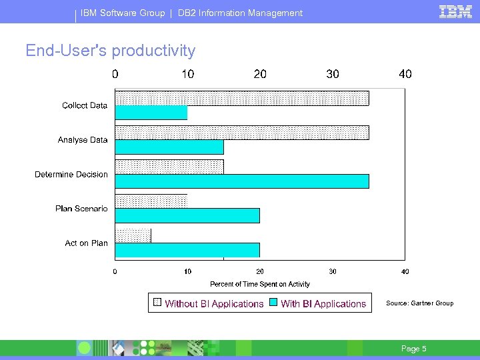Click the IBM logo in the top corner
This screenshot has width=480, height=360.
pos(456,11)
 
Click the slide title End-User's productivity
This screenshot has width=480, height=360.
pos(111,51)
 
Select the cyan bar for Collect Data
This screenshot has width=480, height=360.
pos(151,113)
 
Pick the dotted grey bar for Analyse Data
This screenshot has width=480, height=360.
pos(242,132)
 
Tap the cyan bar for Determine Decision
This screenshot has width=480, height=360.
pos(242,181)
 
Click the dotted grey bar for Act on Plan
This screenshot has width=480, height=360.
pos(133,235)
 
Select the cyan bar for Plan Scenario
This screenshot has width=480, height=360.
pos(187,215)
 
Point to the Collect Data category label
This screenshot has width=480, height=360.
pos(85,105)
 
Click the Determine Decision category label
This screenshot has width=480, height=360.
pos(71,175)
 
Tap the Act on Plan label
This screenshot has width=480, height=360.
pos(86,243)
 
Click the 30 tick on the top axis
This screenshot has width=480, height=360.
pos(333,74)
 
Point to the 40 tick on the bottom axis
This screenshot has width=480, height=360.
pos(405,271)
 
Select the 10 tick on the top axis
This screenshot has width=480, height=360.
pos(188,74)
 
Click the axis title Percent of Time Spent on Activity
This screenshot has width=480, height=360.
pos(260,284)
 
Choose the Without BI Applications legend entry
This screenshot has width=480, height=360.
pos(214,304)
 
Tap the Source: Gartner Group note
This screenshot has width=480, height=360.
pos(419,303)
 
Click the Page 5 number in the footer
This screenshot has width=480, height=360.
pos(413,349)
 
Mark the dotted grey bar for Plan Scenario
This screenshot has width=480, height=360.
pos(151,201)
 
